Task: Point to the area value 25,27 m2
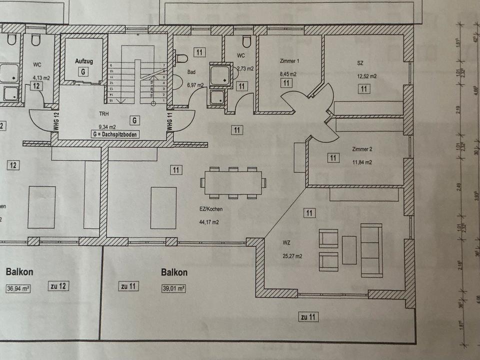click(x=292, y=256)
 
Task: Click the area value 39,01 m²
click(x=173, y=288)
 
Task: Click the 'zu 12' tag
click(x=59, y=286)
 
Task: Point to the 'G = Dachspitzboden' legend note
click(x=115, y=134)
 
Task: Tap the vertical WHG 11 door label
click(x=169, y=122)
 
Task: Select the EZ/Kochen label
click(x=209, y=209)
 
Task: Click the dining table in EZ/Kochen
click(x=232, y=183)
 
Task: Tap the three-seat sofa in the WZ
click(x=371, y=250)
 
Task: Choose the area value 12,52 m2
click(x=366, y=76)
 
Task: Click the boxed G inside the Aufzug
click(x=81, y=71)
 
